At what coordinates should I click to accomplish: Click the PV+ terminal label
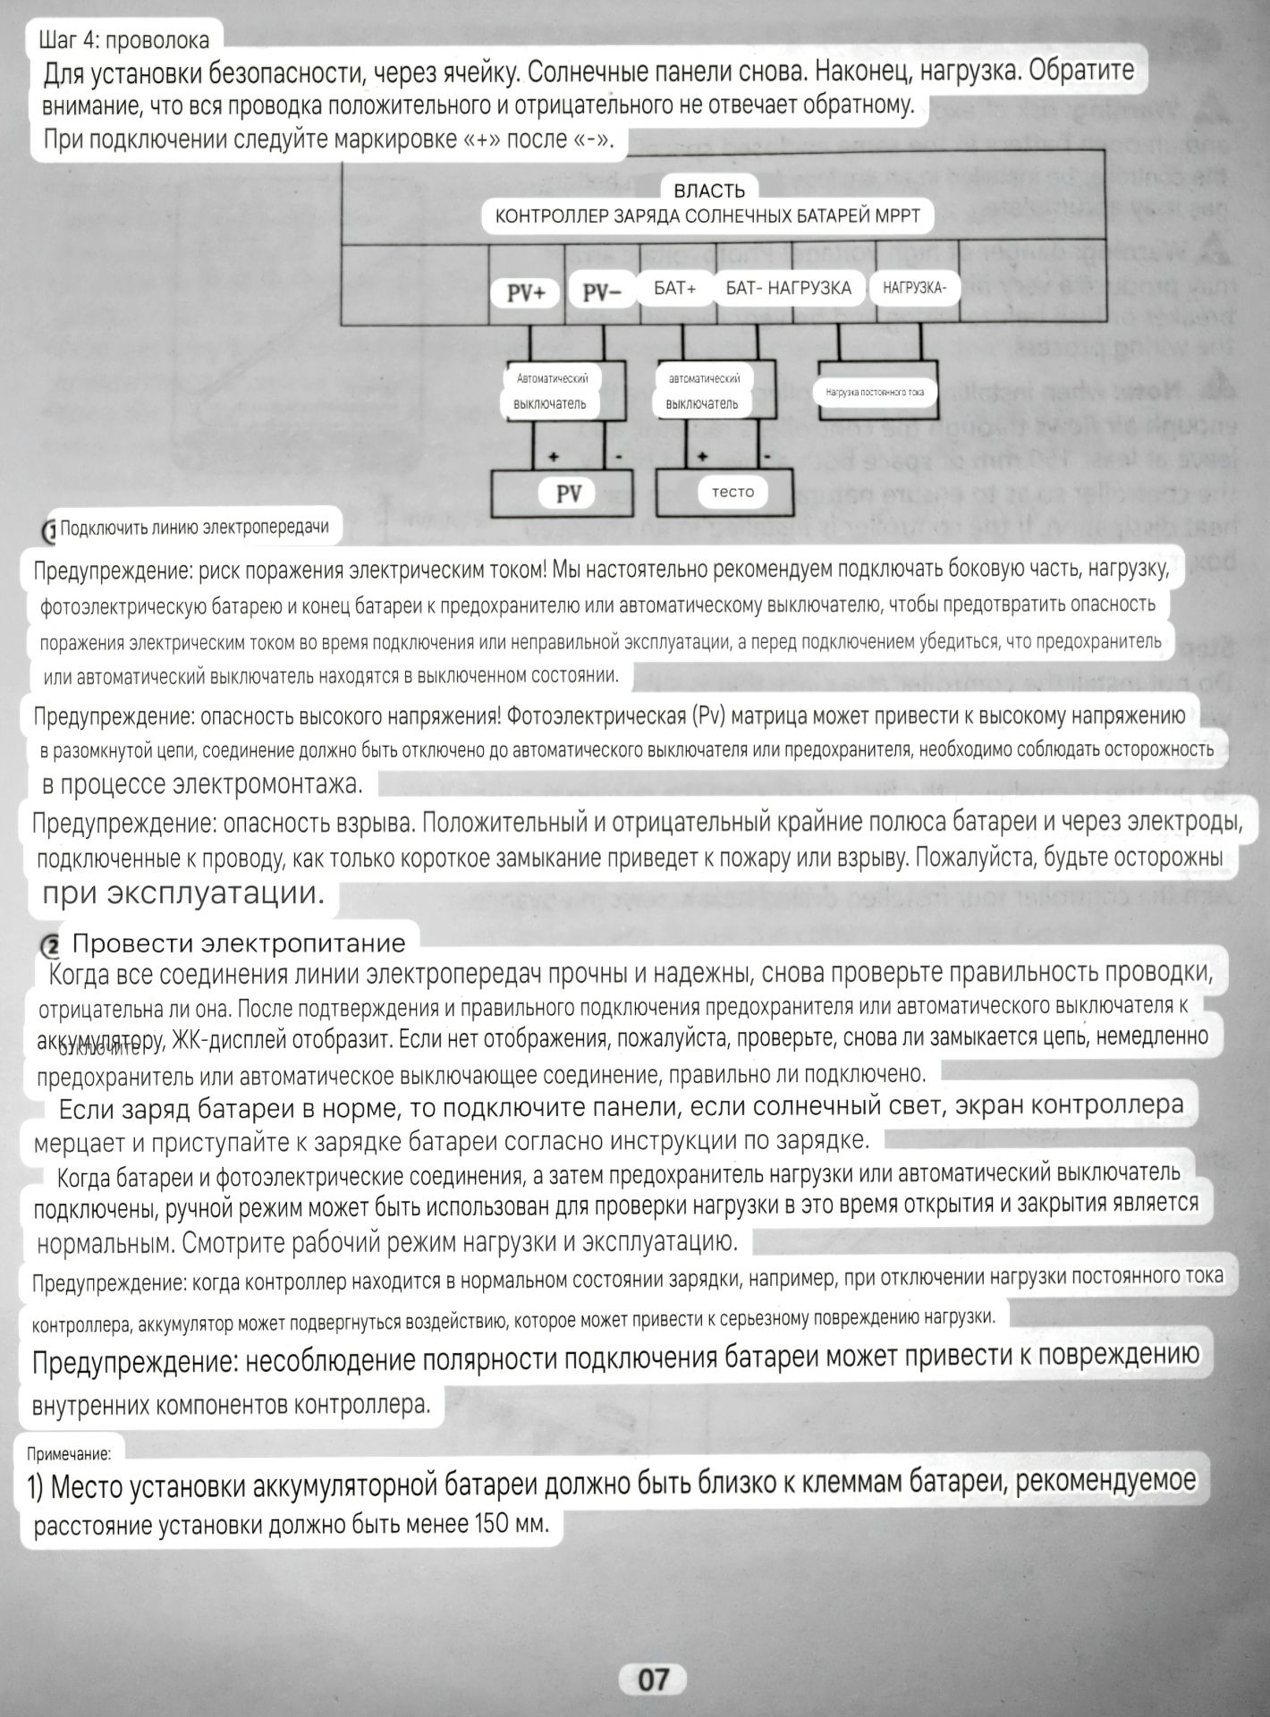tap(526, 293)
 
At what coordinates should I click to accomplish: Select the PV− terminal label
tap(601, 293)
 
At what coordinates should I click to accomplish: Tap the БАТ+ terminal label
tap(675, 288)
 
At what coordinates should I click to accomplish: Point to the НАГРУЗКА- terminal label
tap(914, 288)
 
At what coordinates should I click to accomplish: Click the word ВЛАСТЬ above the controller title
tap(708, 190)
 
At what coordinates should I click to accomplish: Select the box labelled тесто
tap(732, 491)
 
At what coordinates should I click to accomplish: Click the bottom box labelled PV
tap(569, 493)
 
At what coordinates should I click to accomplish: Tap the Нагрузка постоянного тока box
tap(875, 392)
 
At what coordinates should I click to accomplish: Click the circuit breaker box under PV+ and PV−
tap(550, 392)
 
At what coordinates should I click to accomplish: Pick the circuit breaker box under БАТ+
tap(703, 392)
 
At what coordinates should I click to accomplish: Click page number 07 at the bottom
tap(652, 1679)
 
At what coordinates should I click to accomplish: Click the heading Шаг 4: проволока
tap(124, 40)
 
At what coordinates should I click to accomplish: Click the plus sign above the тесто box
tap(703, 457)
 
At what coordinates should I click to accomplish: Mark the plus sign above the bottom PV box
tap(554, 457)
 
